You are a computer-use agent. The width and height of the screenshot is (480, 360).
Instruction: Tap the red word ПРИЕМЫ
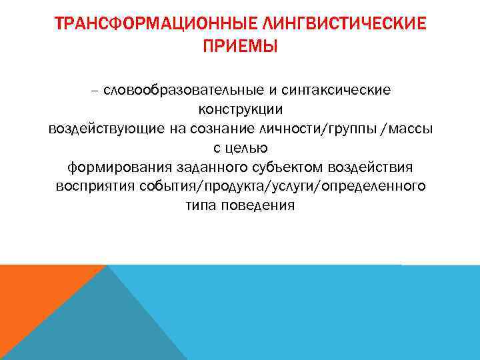tap(240, 48)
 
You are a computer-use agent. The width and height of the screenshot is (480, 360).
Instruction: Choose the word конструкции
tap(240, 109)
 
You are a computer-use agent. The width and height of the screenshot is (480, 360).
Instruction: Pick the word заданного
tap(192, 167)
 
